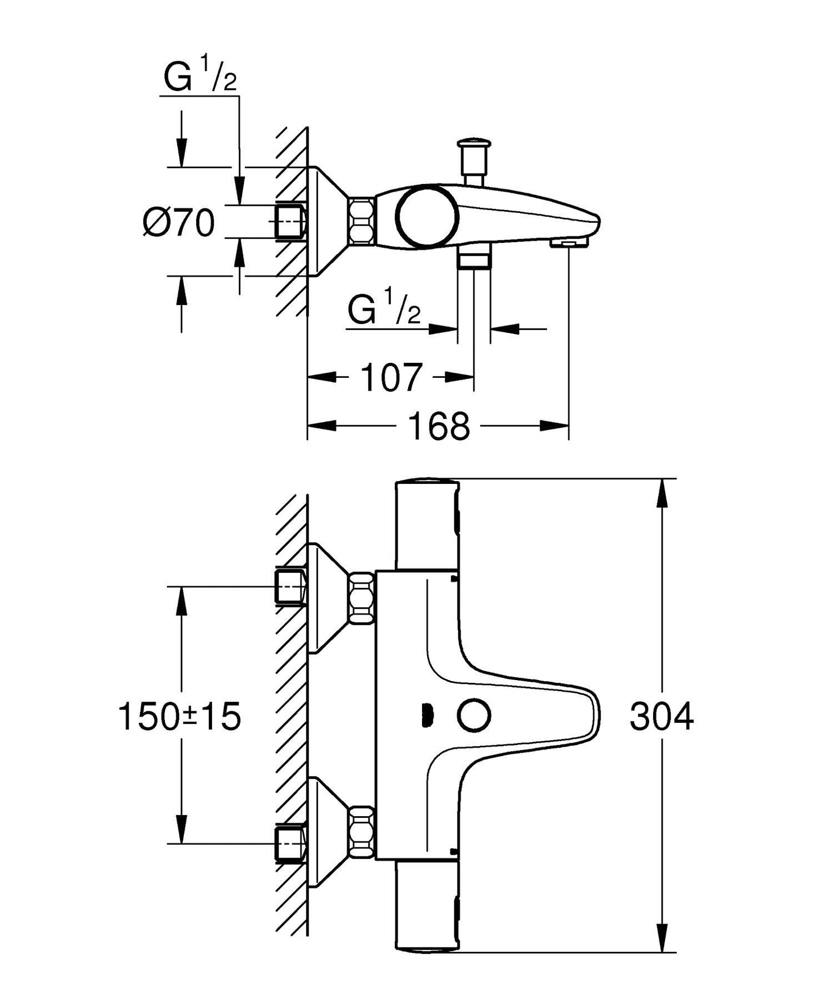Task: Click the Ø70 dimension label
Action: tap(179, 223)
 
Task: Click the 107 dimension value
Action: tap(391, 378)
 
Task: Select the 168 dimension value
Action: tap(439, 427)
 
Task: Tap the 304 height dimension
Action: tap(661, 717)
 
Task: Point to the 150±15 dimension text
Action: tap(179, 717)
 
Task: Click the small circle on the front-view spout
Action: tap(474, 716)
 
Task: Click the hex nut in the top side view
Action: tap(361, 221)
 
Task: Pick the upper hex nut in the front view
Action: tap(361, 598)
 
